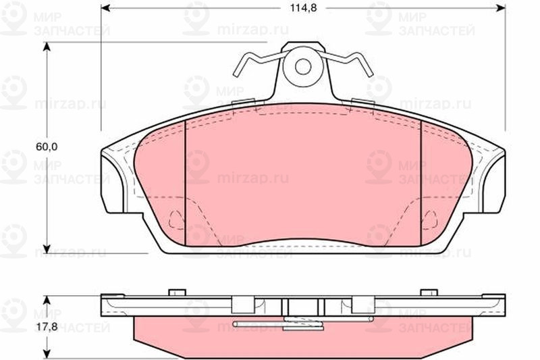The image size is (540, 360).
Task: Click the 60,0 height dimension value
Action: [x=47, y=147]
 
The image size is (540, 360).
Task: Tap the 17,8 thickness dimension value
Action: [x=47, y=327]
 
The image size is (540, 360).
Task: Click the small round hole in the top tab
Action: [x=303, y=66]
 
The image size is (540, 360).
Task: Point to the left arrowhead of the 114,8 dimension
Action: [x=105, y=7]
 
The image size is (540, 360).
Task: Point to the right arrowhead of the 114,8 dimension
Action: [x=501, y=7]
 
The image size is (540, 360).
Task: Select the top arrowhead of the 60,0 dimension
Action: [x=47, y=47]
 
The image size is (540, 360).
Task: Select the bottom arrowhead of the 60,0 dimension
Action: [x=47, y=249]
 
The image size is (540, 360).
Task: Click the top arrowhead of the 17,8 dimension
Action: [x=47, y=300]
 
